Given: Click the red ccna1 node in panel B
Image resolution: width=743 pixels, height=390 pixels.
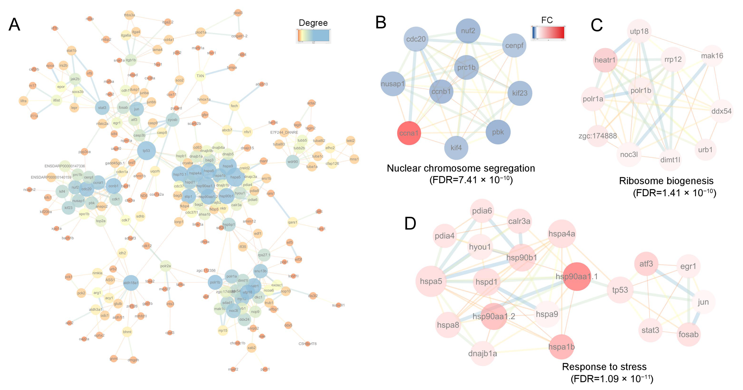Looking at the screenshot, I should tap(409, 133).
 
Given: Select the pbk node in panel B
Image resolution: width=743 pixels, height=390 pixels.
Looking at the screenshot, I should tap(498, 132).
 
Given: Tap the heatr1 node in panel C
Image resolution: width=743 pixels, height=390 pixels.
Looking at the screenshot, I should tap(605, 60).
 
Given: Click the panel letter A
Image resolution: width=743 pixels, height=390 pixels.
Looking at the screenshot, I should tap(14, 24).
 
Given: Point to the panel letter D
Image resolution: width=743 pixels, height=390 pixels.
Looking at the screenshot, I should tap(410, 223).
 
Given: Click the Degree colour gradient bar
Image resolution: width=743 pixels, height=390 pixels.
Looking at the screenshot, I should tap(313, 36).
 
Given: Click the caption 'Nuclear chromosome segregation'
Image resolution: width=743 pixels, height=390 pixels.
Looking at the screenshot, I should tap(461, 168).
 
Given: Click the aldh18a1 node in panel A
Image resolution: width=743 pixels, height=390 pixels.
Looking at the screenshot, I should tap(131, 283).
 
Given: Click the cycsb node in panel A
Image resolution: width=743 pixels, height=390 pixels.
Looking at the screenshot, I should tap(172, 120).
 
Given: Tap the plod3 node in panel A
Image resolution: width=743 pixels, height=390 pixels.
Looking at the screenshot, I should tap(238, 13).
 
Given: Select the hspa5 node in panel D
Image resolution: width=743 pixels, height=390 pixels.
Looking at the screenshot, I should tap(431, 281).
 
